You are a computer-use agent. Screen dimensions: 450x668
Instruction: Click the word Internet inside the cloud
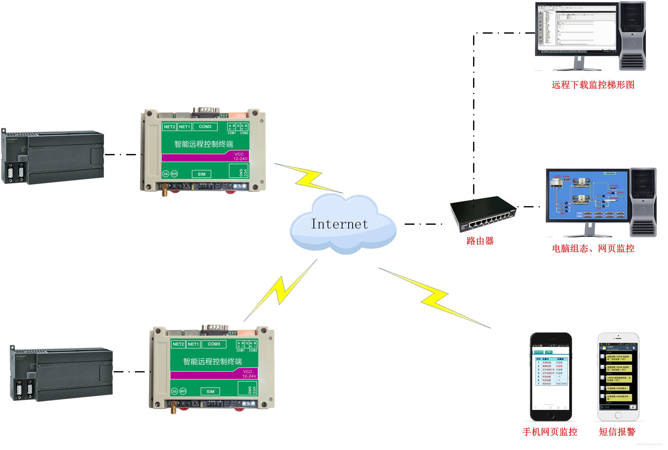tap(340, 224)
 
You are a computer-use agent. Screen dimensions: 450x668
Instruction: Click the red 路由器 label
tap(480, 241)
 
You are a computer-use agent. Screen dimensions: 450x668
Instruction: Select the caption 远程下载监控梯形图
tap(593, 85)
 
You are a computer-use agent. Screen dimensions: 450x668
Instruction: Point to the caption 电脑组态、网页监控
tap(593, 249)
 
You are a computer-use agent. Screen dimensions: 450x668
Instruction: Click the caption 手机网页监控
tap(550, 432)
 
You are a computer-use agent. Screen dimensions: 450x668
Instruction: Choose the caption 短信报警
tap(617, 432)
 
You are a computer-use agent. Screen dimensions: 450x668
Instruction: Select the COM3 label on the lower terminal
tap(214, 344)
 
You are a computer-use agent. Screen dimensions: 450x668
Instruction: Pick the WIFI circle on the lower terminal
tap(183, 391)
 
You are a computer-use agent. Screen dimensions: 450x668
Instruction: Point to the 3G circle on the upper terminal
tap(166, 174)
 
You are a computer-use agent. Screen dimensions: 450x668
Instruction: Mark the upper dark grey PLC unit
tap(53, 157)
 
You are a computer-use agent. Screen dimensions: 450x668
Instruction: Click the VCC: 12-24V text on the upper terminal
tap(240, 156)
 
